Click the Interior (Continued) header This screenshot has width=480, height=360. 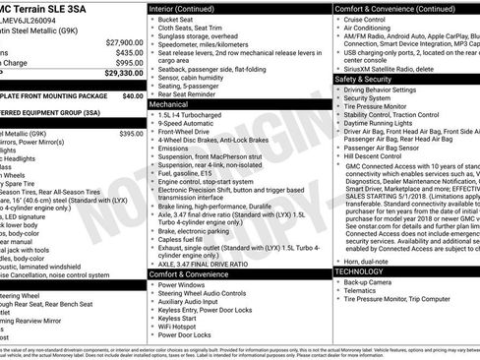tap(183, 8)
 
